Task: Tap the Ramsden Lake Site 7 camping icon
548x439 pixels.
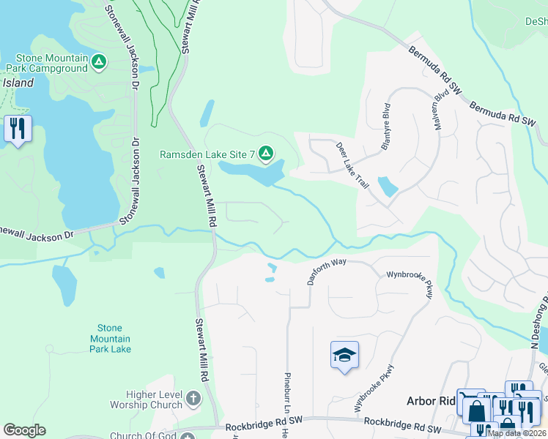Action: [x=266, y=154]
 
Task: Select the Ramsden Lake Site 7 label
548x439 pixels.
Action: [x=207, y=154]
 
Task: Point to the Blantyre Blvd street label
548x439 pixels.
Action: [x=385, y=126]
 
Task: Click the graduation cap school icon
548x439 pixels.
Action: [x=344, y=356]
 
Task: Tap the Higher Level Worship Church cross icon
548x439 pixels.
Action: [x=193, y=399]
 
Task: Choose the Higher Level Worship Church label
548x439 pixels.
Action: [x=146, y=399]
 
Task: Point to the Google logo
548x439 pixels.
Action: [x=24, y=430]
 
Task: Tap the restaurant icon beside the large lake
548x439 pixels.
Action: [x=17, y=129]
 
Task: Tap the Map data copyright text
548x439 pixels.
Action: [x=517, y=433]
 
